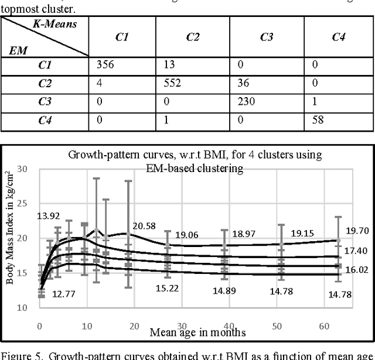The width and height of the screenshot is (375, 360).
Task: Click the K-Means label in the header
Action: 54,25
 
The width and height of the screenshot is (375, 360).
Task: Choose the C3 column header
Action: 267,37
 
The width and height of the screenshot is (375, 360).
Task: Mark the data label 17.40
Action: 357,251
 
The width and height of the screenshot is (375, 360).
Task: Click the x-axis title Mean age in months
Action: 197,332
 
